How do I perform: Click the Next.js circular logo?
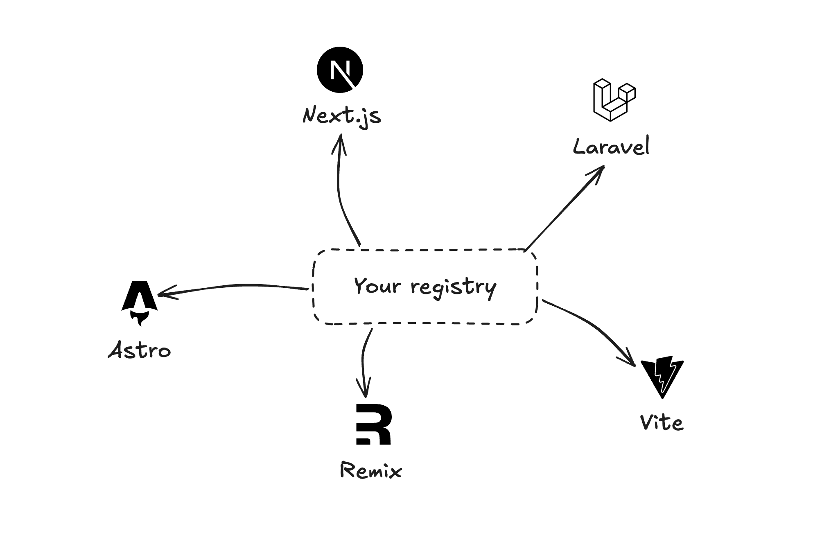340,70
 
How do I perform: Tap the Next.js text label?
342,116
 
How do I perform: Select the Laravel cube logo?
614,100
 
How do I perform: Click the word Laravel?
611,147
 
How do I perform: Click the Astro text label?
140,350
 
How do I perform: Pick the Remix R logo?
373,424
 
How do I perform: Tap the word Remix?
371,471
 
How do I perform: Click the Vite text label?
662,423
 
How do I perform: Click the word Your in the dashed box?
377,285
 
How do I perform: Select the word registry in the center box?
454,287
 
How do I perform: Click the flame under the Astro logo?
139,318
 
